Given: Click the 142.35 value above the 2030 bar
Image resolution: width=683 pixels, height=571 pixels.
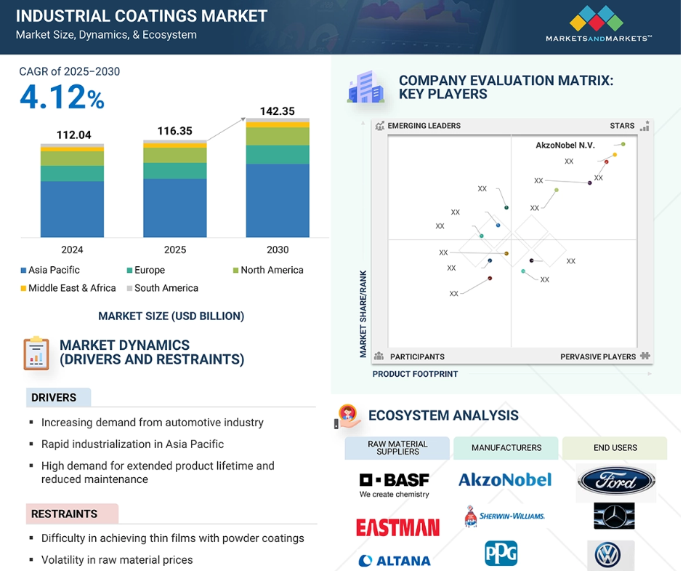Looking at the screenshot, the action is (x=278, y=111).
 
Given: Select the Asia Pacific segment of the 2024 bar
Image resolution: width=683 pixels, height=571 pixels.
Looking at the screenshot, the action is (x=73, y=209).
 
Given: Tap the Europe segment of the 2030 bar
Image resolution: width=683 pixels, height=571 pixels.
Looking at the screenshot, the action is (x=278, y=155).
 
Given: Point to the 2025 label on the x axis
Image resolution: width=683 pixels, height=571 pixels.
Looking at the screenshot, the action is (x=174, y=250).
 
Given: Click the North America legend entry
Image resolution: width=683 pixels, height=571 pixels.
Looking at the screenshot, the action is (x=268, y=270).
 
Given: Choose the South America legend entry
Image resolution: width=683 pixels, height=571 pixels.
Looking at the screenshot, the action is (x=163, y=288).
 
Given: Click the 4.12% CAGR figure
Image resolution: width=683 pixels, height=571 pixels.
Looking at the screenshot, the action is (x=62, y=97).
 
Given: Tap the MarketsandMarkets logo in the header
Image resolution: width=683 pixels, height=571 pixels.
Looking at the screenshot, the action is (x=599, y=23).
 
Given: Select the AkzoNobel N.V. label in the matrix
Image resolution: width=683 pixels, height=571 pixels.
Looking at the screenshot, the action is (x=565, y=145).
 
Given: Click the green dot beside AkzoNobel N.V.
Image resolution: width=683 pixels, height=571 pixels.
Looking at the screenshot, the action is (x=623, y=144).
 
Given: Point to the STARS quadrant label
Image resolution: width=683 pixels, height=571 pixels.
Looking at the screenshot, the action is (x=622, y=126).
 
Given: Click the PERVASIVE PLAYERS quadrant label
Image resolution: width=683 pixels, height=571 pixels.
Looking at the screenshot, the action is (x=597, y=357).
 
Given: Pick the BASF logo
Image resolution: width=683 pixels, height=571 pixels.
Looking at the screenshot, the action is (x=395, y=484).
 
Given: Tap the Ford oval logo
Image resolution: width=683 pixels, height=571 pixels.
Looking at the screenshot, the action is (x=616, y=481).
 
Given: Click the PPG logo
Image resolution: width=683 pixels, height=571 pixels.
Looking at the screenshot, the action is (x=501, y=553).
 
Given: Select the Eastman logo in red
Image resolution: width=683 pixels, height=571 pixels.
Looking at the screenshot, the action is (x=397, y=527).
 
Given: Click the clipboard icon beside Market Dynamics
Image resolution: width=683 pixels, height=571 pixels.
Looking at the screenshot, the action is (x=36, y=354).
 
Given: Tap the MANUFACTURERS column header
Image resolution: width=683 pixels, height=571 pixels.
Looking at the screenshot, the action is (x=506, y=448).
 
